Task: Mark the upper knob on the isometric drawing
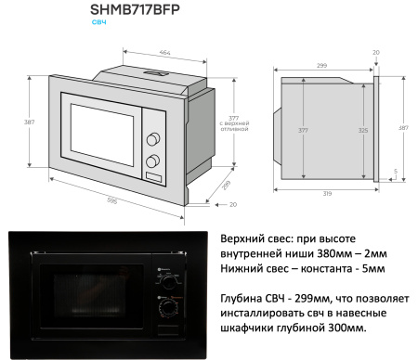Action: click(151, 141)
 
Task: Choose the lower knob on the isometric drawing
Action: click(151, 161)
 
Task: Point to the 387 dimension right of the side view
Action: click(403, 126)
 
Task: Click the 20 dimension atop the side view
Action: click(376, 52)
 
